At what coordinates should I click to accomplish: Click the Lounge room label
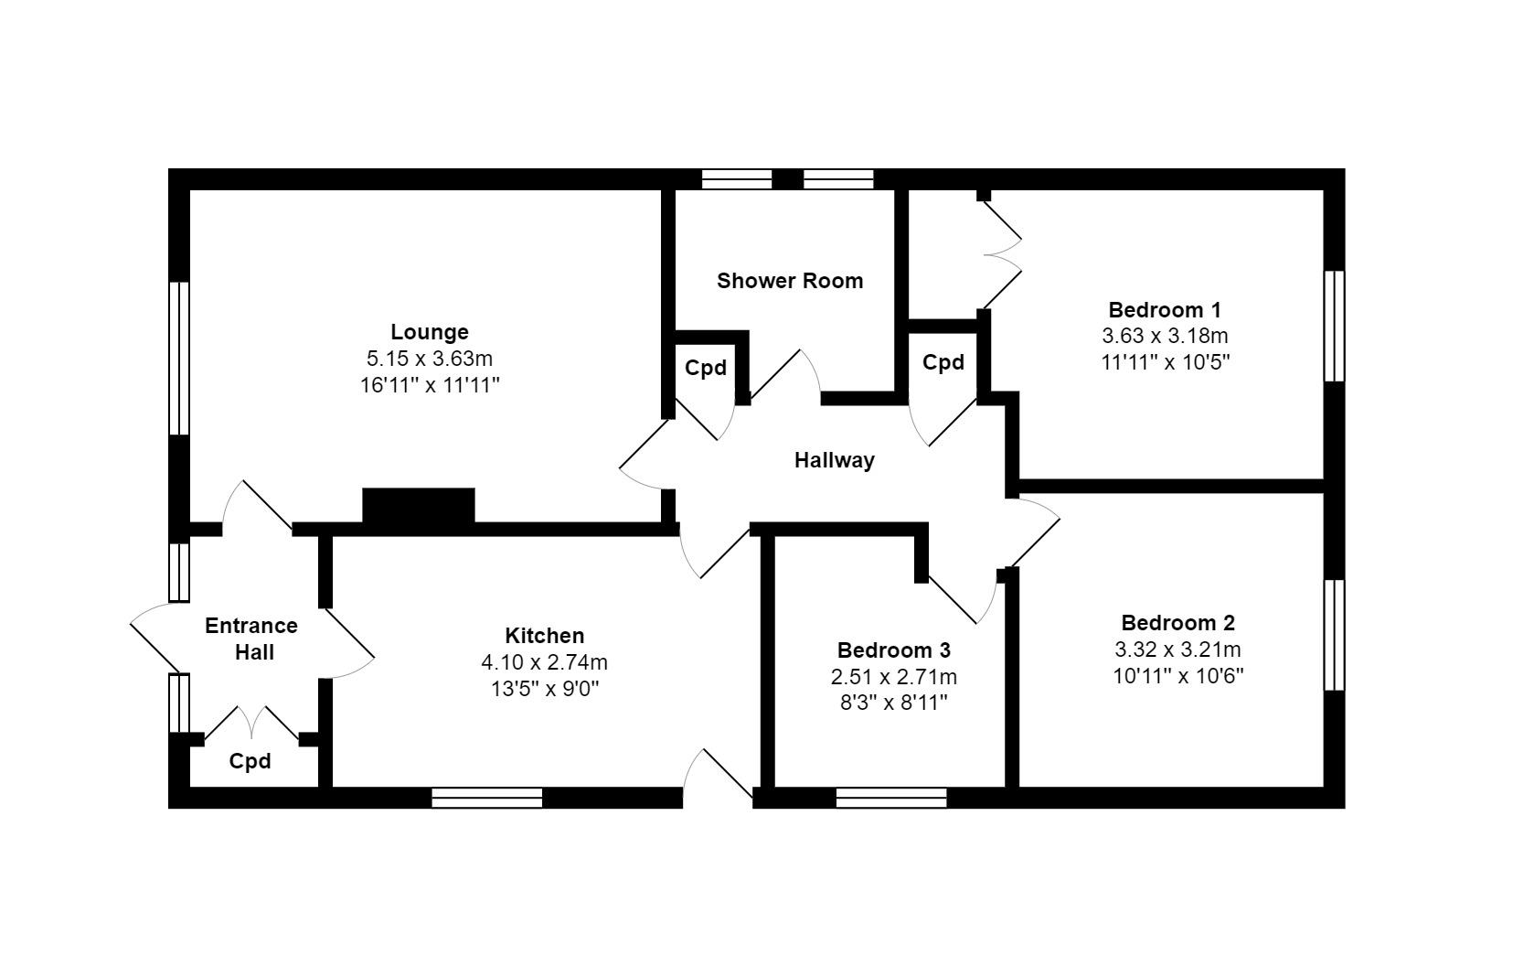(x=429, y=332)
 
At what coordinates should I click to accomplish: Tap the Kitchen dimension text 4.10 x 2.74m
(x=544, y=662)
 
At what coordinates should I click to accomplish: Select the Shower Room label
(x=790, y=281)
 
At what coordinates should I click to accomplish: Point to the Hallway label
(x=834, y=460)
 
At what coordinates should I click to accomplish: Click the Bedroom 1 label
(x=1164, y=309)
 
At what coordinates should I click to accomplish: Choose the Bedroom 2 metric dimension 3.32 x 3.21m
(x=1177, y=650)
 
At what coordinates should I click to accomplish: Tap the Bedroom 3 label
(x=893, y=650)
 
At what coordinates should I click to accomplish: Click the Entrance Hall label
(x=251, y=639)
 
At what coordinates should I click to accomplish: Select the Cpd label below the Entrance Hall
(x=250, y=761)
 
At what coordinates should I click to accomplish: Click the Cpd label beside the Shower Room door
(x=706, y=368)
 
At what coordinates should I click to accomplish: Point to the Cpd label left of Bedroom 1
(x=943, y=362)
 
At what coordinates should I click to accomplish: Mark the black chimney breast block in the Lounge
(x=419, y=506)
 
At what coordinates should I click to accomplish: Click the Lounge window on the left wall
(x=179, y=358)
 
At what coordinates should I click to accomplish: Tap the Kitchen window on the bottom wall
(x=486, y=798)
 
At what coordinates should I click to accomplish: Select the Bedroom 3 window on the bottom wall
(x=891, y=798)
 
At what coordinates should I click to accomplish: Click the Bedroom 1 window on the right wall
(x=1335, y=326)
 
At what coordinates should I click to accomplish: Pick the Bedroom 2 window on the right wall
(x=1335, y=634)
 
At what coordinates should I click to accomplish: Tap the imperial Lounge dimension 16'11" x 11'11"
(x=429, y=385)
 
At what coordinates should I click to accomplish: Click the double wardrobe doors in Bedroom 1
(x=1002, y=252)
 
